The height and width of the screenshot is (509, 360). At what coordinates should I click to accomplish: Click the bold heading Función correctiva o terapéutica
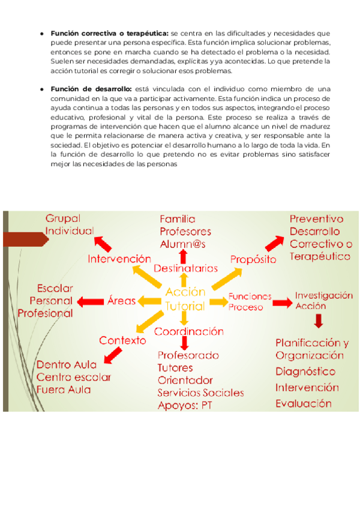[x=110, y=33]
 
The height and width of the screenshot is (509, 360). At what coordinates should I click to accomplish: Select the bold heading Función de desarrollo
[x=90, y=89]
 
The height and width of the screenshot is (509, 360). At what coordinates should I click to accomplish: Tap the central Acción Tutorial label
[x=185, y=298]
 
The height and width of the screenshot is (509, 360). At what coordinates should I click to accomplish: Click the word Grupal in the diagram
[x=63, y=218]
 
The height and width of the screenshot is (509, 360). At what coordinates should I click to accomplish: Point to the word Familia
[x=177, y=219]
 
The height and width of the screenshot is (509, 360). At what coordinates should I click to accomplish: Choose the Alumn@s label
[x=182, y=244]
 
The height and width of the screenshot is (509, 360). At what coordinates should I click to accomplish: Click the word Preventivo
[x=316, y=220]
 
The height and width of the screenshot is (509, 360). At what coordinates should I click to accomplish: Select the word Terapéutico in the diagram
[x=320, y=256]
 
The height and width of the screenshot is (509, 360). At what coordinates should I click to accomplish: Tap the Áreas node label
[x=121, y=300]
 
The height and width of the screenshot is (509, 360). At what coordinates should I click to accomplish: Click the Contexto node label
[x=122, y=340]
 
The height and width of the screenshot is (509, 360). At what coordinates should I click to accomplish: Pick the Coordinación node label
[x=189, y=331]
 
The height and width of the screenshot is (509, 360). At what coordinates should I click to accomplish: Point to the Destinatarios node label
[x=186, y=268]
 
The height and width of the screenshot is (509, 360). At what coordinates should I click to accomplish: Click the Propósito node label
[x=253, y=259]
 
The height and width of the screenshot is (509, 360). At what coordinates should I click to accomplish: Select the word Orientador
[x=185, y=380]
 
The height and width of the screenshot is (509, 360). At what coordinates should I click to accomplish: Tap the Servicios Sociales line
[x=200, y=393]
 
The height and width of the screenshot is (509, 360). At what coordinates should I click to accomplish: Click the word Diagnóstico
[x=305, y=372]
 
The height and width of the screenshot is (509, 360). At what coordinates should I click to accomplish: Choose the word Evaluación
[x=303, y=403]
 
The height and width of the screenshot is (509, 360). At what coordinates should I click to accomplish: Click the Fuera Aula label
[x=64, y=389]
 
